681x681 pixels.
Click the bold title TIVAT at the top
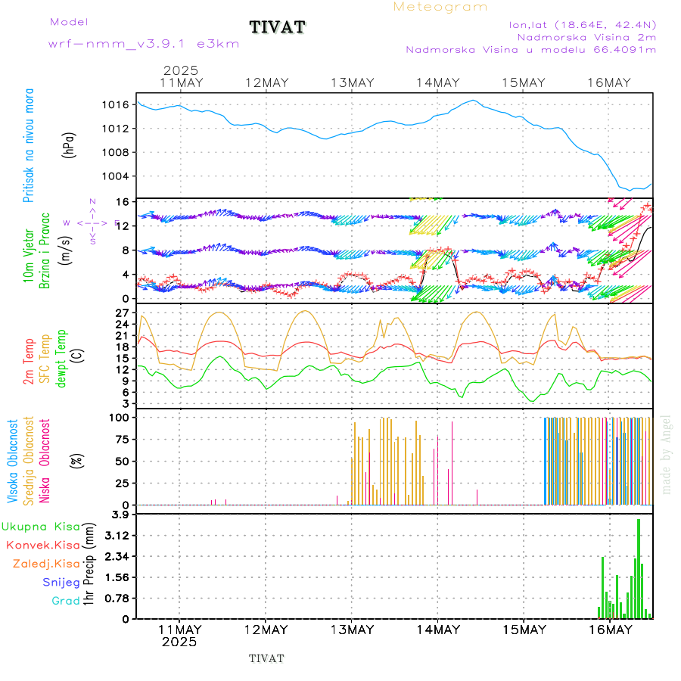pyautogui.click(x=277, y=28)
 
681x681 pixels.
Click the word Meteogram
pyautogui.click(x=440, y=7)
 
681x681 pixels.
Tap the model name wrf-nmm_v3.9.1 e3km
pyautogui.click(x=144, y=44)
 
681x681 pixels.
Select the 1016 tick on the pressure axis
pyautogui.click(x=115, y=104)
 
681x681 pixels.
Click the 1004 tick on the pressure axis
pyautogui.click(x=115, y=176)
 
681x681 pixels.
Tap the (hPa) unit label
pyautogui.click(x=69, y=145)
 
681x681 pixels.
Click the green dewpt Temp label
pyautogui.click(x=61, y=355)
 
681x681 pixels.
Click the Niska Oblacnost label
pyautogui.click(x=45, y=459)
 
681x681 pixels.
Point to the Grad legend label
pyautogui.click(x=65, y=602)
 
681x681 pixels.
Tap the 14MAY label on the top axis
pyautogui.click(x=438, y=82)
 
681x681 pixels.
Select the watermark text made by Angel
pyautogui.click(x=667, y=454)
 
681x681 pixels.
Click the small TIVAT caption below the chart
pyautogui.click(x=266, y=658)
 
